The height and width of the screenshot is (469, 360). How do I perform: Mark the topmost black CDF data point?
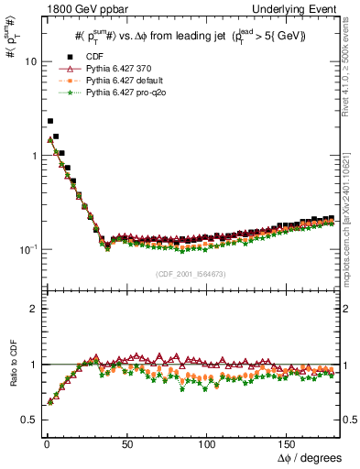[x=50, y=121]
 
